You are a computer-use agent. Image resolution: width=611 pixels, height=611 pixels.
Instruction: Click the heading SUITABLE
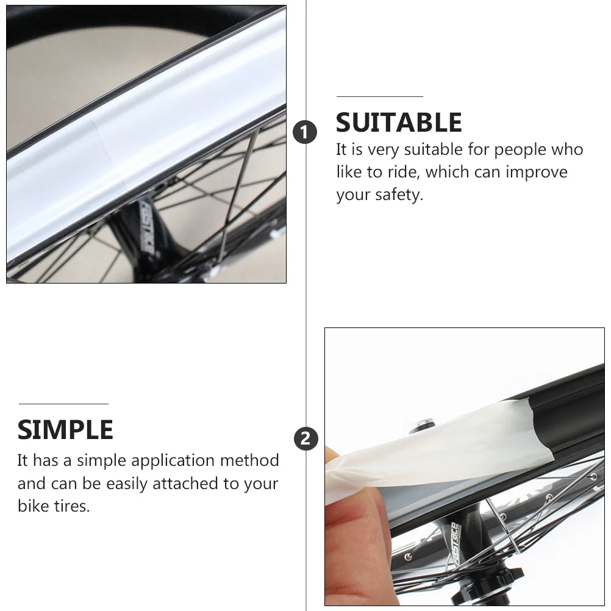399,123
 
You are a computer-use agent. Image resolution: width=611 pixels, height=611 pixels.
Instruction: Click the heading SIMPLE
65,430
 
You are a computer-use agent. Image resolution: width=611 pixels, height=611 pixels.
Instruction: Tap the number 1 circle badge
305,132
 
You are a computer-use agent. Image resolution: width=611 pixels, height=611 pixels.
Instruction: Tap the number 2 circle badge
305,439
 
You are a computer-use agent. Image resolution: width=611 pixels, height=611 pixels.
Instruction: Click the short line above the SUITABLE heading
379,96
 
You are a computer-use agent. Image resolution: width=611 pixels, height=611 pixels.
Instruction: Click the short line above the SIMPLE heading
63,404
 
